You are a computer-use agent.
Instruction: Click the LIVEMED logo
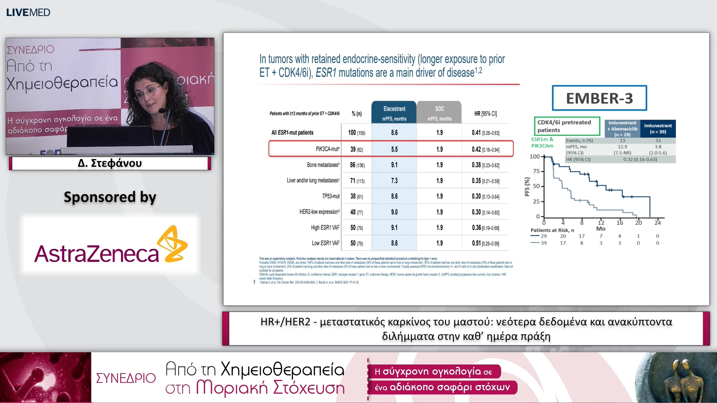28,12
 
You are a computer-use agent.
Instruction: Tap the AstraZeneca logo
111,246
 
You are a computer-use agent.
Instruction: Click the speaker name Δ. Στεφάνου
110,163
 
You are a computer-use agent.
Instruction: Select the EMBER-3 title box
599,98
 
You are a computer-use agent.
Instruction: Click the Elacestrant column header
394,112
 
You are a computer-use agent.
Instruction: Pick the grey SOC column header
439,112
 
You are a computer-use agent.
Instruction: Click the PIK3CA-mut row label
328,149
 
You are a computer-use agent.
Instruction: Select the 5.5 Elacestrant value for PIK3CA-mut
394,149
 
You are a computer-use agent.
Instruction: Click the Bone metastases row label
323,165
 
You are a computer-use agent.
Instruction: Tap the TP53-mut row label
331,196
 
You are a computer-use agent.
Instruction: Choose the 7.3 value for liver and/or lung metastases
394,181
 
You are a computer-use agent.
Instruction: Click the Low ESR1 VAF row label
326,243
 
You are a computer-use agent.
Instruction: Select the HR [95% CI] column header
485,114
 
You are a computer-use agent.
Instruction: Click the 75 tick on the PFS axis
536,171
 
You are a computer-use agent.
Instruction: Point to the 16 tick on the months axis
620,223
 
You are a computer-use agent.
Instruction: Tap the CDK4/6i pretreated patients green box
567,126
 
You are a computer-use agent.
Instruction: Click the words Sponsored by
110,197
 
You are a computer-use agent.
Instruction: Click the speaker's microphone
163,110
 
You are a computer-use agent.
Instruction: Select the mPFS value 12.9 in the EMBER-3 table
623,147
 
